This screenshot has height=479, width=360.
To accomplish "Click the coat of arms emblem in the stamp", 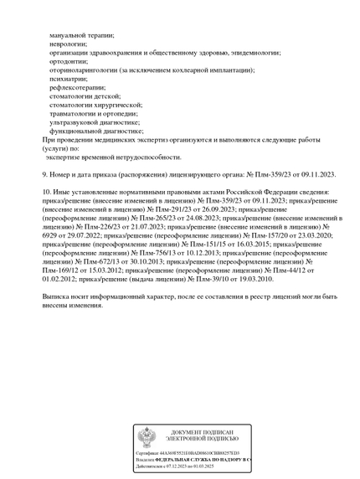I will coord(146,436).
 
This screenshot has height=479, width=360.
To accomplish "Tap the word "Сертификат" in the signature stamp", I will coord(148,452).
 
